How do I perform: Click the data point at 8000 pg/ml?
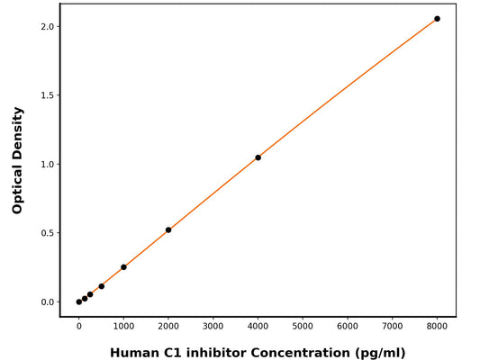(x=438, y=19)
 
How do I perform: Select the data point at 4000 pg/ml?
(x=258, y=157)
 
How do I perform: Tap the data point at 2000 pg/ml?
(x=168, y=229)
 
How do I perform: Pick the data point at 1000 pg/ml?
(x=123, y=267)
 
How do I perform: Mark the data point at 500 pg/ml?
(x=102, y=286)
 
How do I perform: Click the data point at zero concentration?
(x=79, y=301)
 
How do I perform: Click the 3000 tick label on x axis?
(x=213, y=326)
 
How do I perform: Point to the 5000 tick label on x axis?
(x=303, y=326)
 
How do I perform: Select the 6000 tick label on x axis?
(x=348, y=326)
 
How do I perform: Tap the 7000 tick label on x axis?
(x=393, y=326)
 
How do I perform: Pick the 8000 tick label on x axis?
(x=438, y=326)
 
